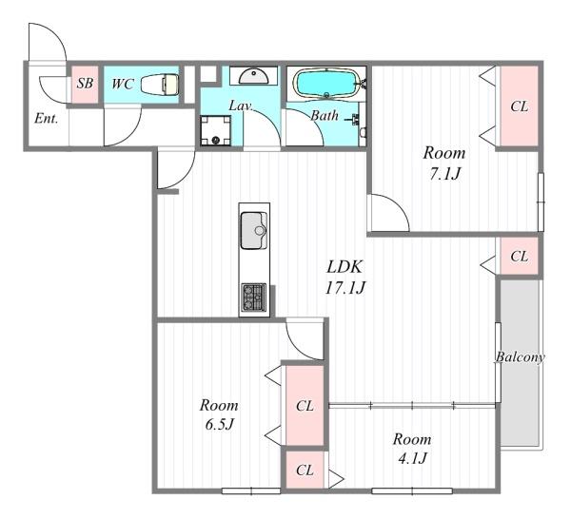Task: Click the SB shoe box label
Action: (85, 84)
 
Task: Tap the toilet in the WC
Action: (160, 85)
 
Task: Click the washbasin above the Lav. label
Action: (254, 76)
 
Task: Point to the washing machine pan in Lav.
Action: (216, 130)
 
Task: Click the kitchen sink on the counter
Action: (254, 231)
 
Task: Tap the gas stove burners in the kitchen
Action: (254, 298)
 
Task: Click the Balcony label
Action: (520, 357)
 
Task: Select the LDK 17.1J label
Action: (345, 278)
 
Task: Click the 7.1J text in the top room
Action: (444, 174)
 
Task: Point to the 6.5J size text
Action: (219, 424)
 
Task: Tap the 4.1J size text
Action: (412, 458)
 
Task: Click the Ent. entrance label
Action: (47, 119)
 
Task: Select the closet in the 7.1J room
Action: (519, 106)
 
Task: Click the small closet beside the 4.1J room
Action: (305, 470)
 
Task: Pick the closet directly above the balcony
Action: (519, 256)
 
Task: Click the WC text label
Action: (122, 84)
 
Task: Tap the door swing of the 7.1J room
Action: (389, 213)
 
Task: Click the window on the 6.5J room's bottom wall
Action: (251, 490)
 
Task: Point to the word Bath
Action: (325, 116)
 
